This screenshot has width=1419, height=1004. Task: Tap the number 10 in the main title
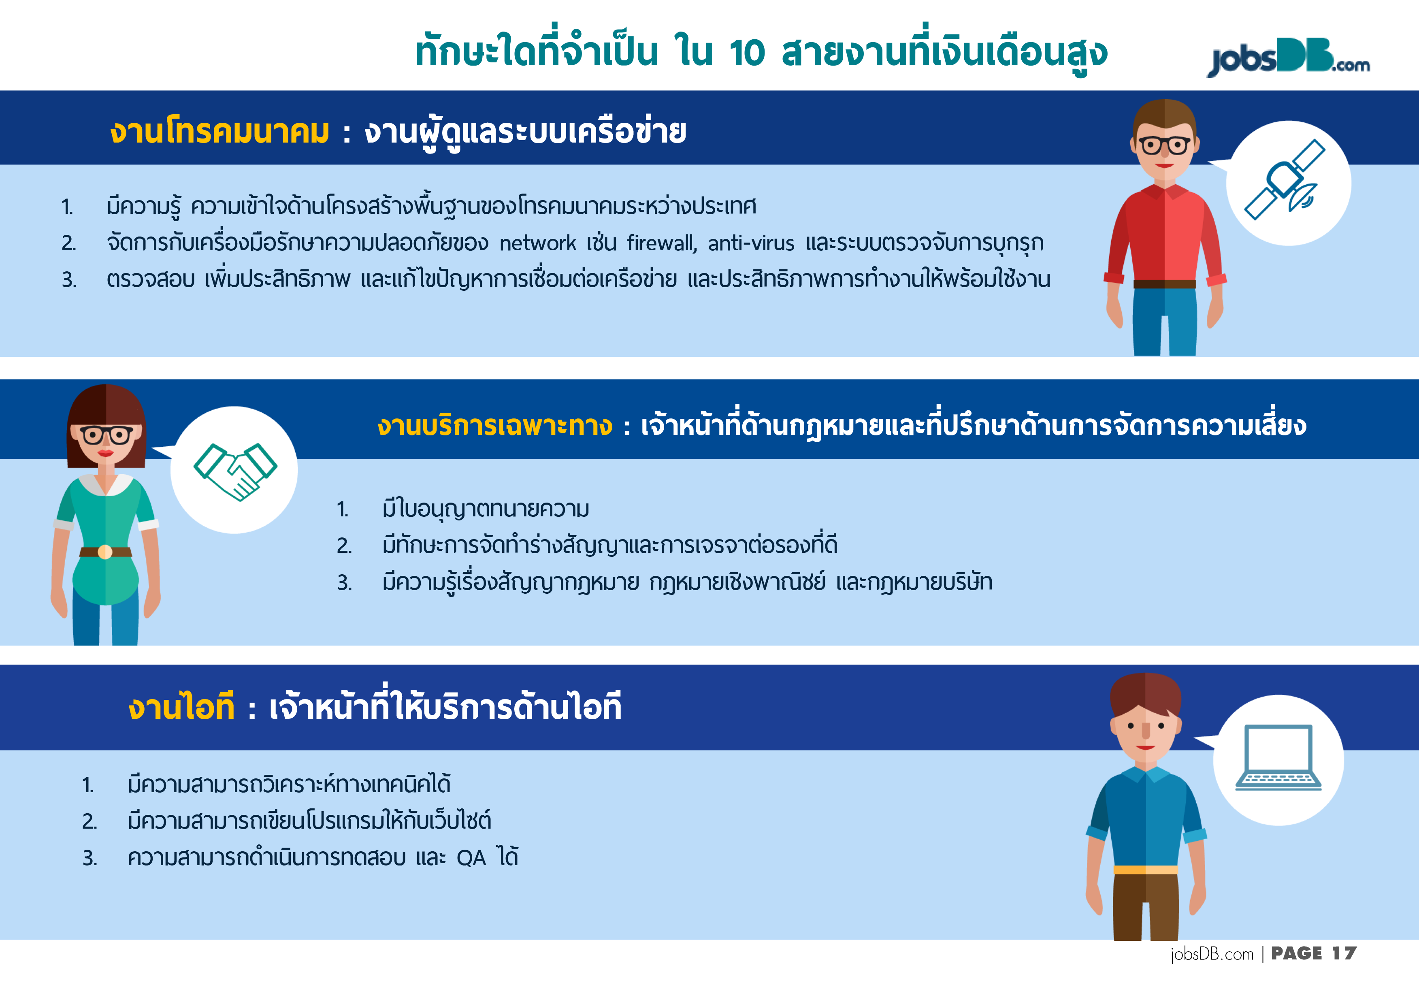[x=747, y=53]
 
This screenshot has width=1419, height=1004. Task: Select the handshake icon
[x=235, y=471]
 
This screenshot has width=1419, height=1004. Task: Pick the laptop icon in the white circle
[x=1278, y=758]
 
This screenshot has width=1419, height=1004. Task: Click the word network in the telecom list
[x=538, y=243]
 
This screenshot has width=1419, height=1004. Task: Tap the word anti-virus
[x=751, y=243]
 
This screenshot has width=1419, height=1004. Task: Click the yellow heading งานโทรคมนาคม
[x=219, y=132]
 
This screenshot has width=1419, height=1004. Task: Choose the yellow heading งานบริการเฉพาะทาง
[x=495, y=425]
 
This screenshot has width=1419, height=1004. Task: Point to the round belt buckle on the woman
[x=104, y=552]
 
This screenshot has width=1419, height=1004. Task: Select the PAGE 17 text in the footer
[x=1313, y=954]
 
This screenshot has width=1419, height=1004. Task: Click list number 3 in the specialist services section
[x=344, y=582]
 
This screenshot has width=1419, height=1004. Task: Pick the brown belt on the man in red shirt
[x=1164, y=284]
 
